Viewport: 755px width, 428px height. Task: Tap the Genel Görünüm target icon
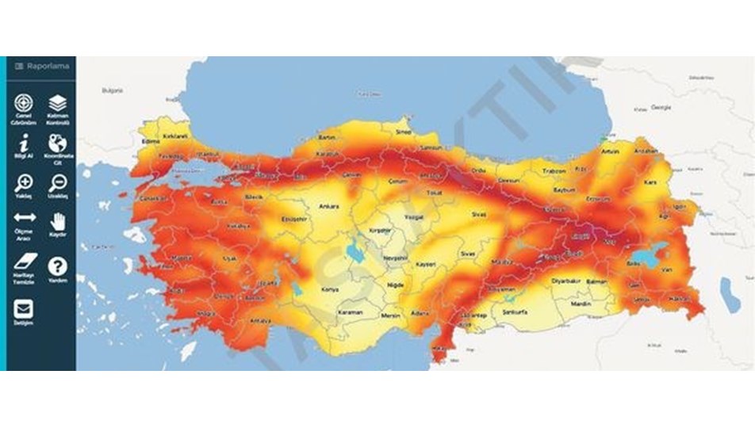point(23,103)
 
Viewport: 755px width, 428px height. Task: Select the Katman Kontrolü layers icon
point(57,103)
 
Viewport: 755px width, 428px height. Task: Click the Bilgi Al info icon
point(23,143)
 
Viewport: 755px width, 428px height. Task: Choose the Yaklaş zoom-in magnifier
point(23,183)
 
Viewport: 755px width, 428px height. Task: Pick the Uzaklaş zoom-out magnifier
point(57,183)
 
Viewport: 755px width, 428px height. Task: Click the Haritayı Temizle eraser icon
point(23,261)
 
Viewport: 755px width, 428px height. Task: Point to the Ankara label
point(328,207)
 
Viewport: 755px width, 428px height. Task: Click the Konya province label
point(329,290)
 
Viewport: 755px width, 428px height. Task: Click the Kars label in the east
point(652,182)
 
